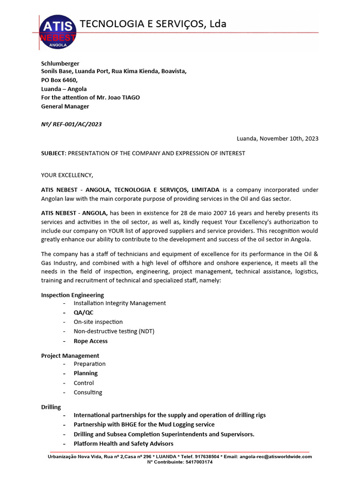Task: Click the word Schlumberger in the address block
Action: click(x=60, y=63)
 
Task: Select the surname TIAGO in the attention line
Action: click(x=130, y=97)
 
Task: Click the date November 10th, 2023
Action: click(x=289, y=138)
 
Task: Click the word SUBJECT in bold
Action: click(x=54, y=153)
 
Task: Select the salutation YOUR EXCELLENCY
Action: click(x=67, y=175)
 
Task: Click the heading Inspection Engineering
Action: click(x=73, y=295)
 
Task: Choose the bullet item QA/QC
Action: click(x=83, y=313)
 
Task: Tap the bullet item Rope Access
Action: click(x=90, y=341)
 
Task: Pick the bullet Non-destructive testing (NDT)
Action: click(x=114, y=331)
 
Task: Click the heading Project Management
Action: click(x=70, y=356)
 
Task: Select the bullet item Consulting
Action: click(x=88, y=392)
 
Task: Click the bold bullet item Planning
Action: click(x=86, y=373)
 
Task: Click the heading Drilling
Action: click(x=51, y=407)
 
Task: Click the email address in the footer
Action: click(x=275, y=456)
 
